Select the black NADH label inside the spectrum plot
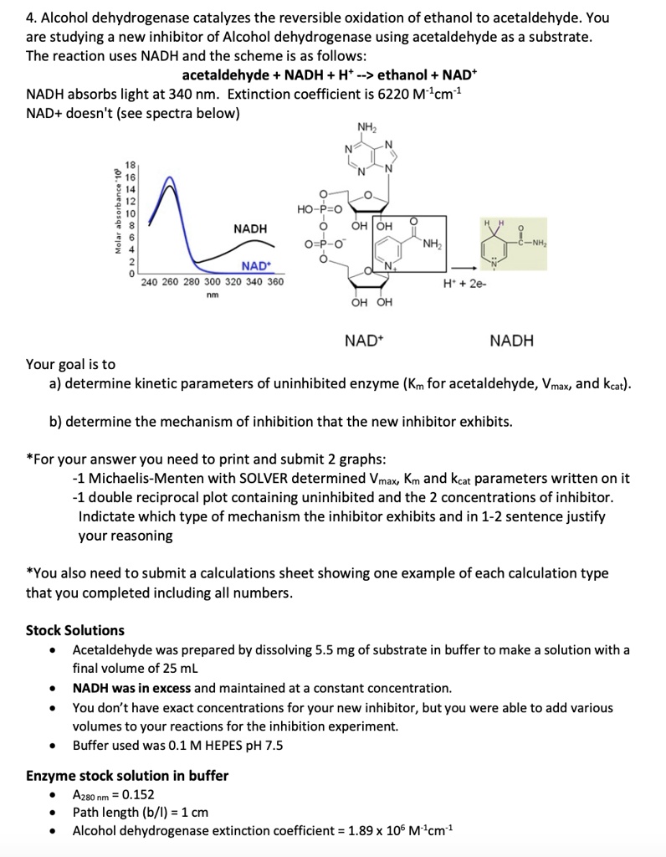250,228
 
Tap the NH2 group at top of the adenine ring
366,127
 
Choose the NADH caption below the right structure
511,341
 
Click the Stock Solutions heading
75,630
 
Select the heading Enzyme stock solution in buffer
127,775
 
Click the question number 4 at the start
30,17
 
